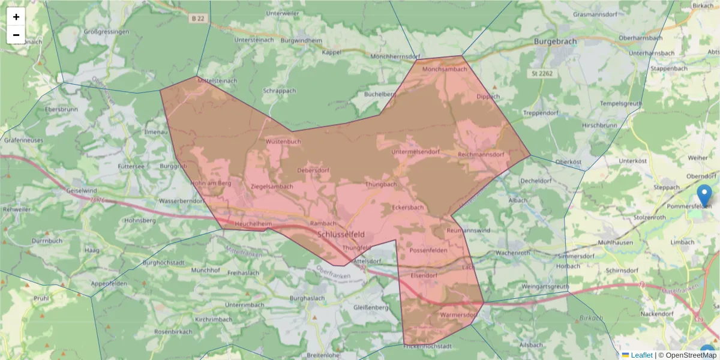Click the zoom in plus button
tap(16, 17)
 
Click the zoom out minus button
tap(16, 35)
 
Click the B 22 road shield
tap(197, 19)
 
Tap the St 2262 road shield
tap(542, 74)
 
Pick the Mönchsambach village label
tap(445, 70)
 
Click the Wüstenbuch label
tap(283, 142)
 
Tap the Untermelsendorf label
tap(415, 152)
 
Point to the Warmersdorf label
tap(458, 314)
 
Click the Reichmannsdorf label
tap(481, 155)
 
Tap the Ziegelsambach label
tap(272, 187)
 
